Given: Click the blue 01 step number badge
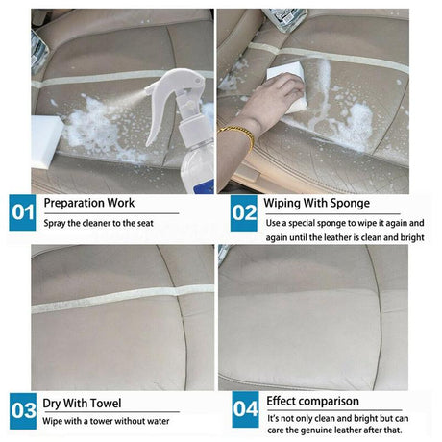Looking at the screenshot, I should (x=22, y=212).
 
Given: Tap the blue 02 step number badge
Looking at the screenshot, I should (x=244, y=212).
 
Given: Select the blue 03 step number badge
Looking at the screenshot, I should (x=22, y=410).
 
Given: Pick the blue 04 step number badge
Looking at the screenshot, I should (x=244, y=410).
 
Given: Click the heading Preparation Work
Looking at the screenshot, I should (x=89, y=204).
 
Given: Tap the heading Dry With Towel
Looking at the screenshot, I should (x=84, y=401).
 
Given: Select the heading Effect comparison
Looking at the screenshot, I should (x=313, y=401).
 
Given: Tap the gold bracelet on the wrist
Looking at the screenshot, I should (x=236, y=134).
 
